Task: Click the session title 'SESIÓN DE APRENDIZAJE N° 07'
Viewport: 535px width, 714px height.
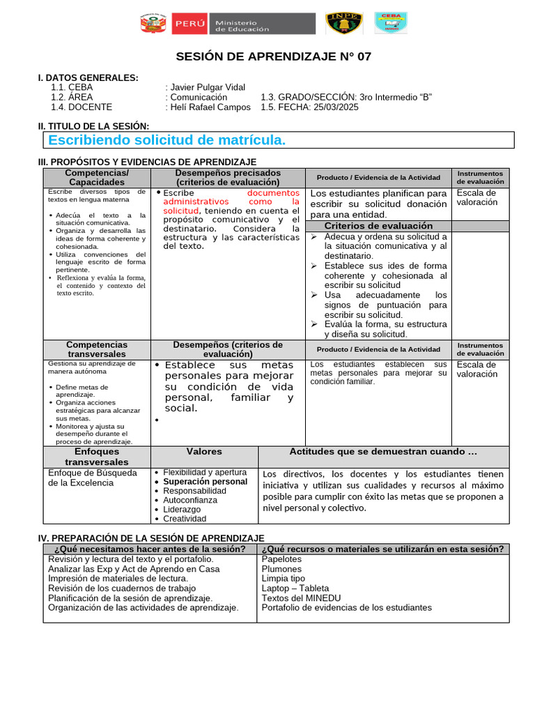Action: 273,57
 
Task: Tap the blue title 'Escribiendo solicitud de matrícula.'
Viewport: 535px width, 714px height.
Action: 167,140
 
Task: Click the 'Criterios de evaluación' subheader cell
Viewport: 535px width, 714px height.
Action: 378,226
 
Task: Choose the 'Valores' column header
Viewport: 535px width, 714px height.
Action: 204,452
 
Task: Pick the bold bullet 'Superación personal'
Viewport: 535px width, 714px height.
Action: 205,481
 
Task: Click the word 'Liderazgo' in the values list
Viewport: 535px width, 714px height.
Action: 182,509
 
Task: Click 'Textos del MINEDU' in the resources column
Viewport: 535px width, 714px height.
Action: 301,598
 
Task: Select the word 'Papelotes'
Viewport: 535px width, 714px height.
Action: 281,559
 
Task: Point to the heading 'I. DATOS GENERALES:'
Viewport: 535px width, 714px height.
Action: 88,77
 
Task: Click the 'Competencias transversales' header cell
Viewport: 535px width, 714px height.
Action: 97,349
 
